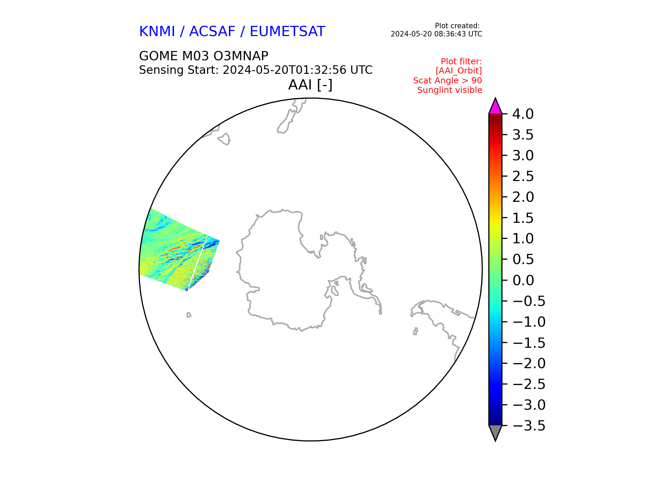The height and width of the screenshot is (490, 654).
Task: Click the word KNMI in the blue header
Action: pos(157,32)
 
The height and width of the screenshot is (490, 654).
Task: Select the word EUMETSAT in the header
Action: pos(287,32)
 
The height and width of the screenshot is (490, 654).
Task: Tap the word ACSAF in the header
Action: pos(212,32)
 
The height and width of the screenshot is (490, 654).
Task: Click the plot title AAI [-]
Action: pos(310,85)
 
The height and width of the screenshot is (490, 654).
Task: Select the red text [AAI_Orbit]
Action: pos(459,71)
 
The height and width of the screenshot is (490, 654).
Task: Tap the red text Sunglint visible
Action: pos(450,90)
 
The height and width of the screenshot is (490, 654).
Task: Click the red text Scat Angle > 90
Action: pos(448,81)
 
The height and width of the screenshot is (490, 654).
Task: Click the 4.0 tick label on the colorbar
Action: pos(523,114)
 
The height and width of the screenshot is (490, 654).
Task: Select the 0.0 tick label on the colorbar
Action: pos(523,280)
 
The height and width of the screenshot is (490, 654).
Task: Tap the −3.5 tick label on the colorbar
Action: pos(529,426)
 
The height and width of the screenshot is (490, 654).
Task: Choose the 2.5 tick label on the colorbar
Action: pos(523,177)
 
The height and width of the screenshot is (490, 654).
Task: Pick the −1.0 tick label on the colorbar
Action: pos(529,322)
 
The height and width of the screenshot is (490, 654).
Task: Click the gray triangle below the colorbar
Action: pos(495,432)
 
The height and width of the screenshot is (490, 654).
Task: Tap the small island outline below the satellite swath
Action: pos(189,315)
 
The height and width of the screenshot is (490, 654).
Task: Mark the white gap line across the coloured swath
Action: pos(198,262)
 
